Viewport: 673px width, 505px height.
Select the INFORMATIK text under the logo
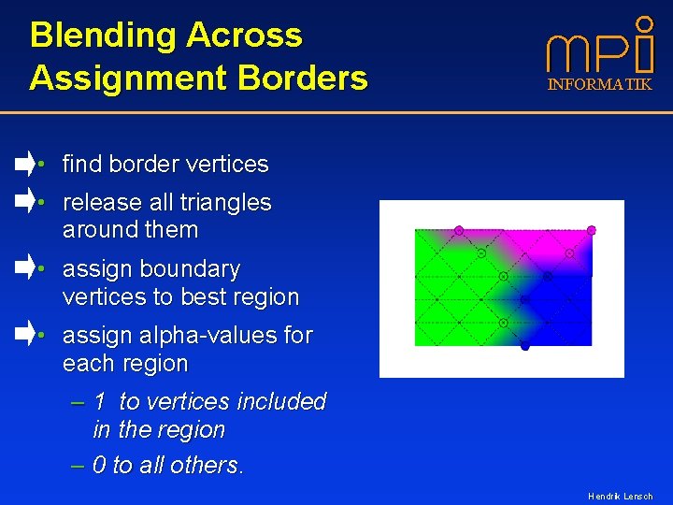(599, 85)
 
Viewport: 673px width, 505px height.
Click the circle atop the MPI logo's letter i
(644, 22)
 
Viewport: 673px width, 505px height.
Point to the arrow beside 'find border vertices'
(25, 164)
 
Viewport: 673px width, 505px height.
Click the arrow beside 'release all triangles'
(25, 201)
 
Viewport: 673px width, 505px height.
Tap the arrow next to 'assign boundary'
(25, 268)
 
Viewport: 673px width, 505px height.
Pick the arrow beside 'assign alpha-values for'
(25, 334)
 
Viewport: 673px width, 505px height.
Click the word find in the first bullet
(82, 165)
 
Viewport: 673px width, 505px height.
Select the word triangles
(226, 203)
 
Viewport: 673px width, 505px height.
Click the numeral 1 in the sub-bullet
(100, 402)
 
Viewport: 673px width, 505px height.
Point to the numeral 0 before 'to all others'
(100, 466)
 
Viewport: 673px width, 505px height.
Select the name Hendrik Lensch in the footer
(620, 497)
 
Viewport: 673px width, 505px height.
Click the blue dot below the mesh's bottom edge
(525, 347)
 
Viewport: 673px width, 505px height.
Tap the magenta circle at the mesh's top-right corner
(591, 230)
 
